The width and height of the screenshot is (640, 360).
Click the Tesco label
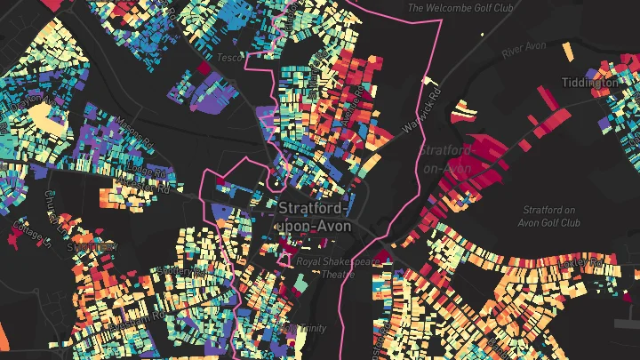coord(229,59)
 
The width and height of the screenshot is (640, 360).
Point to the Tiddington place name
coord(590,82)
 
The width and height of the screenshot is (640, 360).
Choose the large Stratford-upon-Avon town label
coord(315,217)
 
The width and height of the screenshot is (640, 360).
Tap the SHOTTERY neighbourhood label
coord(92,247)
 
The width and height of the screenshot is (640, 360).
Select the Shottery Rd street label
coord(174,268)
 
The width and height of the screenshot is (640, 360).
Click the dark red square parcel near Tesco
coord(203,68)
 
